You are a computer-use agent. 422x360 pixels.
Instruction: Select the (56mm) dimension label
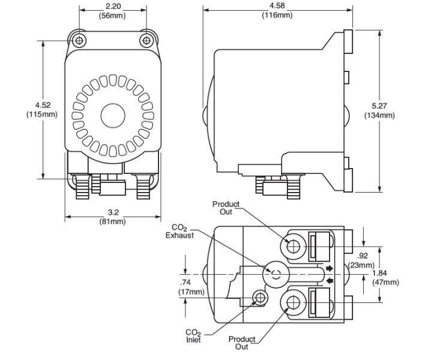[x=113, y=16]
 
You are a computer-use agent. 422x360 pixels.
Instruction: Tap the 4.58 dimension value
[x=277, y=7]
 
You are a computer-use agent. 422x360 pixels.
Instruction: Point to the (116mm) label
[x=277, y=15]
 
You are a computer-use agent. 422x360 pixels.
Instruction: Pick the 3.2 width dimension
[x=112, y=212]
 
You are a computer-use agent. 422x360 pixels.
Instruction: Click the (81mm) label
[x=112, y=221]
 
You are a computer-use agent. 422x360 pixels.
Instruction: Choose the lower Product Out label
[x=242, y=343]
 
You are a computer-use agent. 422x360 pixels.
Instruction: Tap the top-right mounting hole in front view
[x=146, y=40]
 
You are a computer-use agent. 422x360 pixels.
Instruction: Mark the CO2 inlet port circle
[x=260, y=297]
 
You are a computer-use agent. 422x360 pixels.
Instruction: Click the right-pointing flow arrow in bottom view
[x=329, y=268]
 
